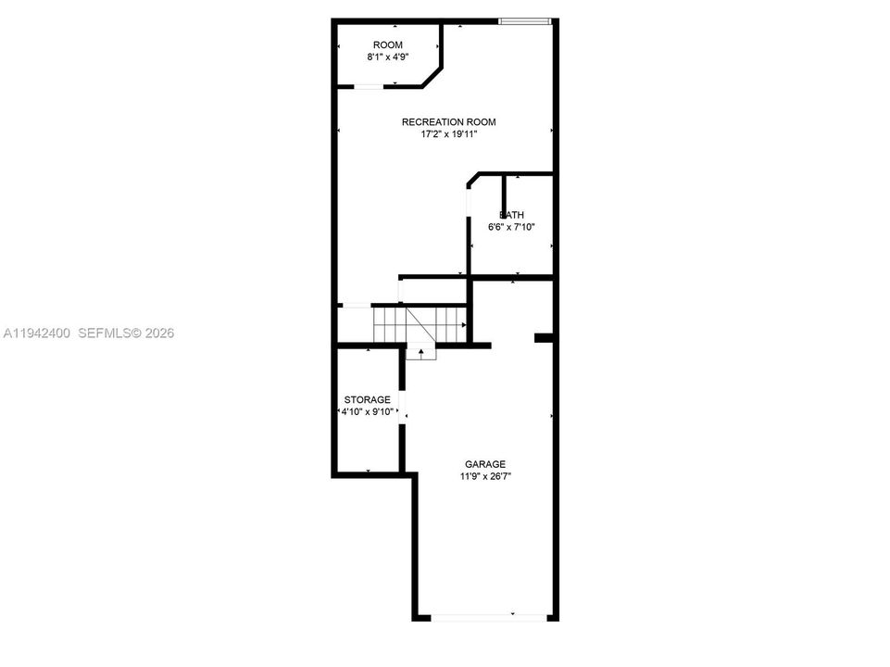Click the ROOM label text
click(388, 44)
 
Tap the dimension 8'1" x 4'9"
click(388, 57)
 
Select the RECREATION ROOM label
click(449, 122)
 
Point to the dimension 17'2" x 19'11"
click(449, 134)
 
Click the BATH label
click(511, 215)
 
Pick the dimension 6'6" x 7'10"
click(511, 227)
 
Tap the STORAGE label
click(368, 399)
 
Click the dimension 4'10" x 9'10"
click(368, 412)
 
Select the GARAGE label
click(485, 464)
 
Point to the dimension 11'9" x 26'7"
click(485, 477)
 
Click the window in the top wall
click(525, 21)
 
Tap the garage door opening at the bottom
click(489, 617)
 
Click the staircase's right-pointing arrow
click(464, 325)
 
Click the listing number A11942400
click(37, 333)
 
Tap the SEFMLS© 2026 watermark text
click(126, 333)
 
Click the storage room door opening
click(402, 407)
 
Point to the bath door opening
click(469, 202)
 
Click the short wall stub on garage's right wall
click(544, 338)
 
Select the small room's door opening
click(369, 86)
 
